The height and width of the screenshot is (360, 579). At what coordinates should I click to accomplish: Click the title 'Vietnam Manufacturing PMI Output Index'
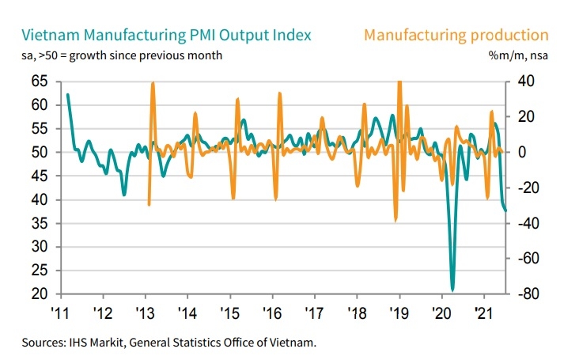click(167, 35)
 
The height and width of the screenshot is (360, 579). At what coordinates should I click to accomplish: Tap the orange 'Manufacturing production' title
click(456, 35)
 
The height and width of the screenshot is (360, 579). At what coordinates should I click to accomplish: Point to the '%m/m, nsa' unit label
click(520, 55)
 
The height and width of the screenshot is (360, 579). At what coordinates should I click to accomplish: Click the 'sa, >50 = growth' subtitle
click(122, 55)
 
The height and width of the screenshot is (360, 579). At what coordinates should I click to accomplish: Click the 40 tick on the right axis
click(525, 81)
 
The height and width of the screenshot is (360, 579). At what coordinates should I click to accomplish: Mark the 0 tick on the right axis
click(521, 152)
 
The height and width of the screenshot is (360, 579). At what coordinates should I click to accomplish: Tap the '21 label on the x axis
click(483, 312)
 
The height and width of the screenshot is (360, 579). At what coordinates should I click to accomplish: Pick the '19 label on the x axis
click(399, 312)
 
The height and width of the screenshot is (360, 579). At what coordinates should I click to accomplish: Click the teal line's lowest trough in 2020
click(452, 290)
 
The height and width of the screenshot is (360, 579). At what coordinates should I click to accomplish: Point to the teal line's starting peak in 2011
click(68, 94)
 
